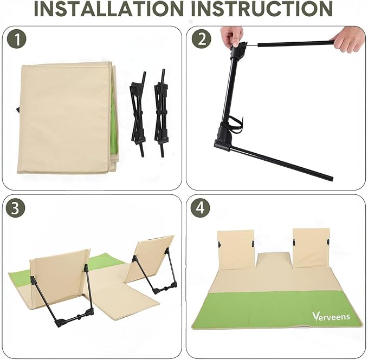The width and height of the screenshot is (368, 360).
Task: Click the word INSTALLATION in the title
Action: pos(108,9)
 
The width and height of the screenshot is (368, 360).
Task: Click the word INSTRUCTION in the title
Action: pos(262,9)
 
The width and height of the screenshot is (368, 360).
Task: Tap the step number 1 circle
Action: pos(17,39)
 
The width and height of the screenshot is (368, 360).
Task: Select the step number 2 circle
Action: pos(202,39)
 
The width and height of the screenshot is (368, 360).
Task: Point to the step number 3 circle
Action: pos(15,208)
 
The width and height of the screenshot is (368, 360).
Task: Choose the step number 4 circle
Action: pos(200,208)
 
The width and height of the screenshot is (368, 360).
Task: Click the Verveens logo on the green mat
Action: pos(331,316)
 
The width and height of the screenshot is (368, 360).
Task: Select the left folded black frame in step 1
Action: pos(138,114)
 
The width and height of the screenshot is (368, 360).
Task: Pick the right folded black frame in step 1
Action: pos(161,113)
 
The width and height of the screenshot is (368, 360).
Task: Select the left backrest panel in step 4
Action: pos(235,250)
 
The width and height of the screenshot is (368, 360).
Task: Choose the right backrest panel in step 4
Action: pos(311,248)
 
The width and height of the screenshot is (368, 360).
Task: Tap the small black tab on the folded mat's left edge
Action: pos(18,109)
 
